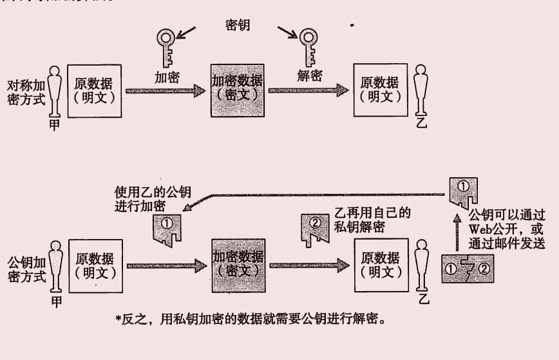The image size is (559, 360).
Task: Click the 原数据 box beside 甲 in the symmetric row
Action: point(94,90)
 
